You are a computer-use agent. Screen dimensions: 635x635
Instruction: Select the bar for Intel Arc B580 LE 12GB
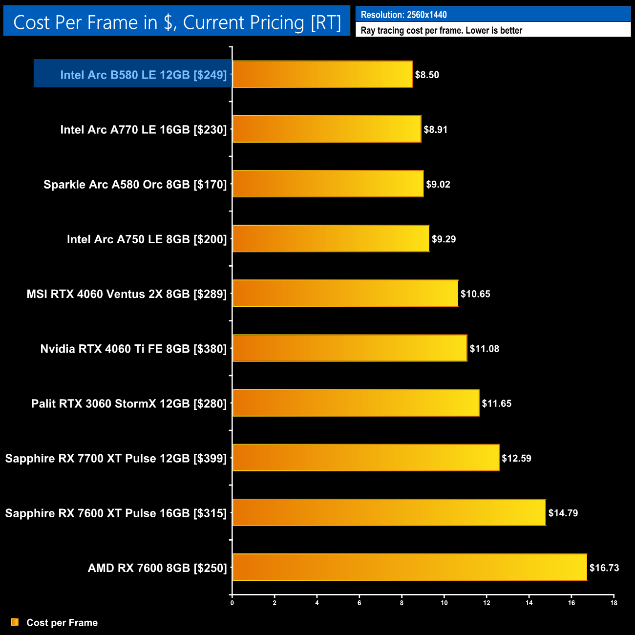322,74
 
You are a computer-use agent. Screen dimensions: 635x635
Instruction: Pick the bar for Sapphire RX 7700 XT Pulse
366,458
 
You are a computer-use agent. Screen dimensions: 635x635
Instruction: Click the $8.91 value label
435,129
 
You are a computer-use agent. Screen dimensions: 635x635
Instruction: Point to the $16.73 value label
604,568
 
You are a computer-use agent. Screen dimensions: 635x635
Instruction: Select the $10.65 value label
475,294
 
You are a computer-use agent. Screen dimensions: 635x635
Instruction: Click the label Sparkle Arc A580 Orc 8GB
135,185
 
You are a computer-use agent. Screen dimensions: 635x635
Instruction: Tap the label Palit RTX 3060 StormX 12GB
129,403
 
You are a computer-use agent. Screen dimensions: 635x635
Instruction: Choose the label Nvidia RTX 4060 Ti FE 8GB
133,349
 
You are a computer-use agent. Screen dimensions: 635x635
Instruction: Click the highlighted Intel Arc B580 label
143,75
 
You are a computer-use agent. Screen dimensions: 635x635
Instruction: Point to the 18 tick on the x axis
614,603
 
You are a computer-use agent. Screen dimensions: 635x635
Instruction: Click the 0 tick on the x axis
232,603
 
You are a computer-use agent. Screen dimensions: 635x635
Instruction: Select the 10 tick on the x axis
444,603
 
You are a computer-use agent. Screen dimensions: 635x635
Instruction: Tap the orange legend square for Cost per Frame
15,622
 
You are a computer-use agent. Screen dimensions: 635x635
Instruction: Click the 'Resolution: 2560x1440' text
403,15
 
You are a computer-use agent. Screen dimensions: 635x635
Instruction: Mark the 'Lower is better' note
494,30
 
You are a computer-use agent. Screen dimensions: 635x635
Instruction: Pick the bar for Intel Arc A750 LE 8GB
331,239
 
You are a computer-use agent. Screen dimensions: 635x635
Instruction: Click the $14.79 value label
563,513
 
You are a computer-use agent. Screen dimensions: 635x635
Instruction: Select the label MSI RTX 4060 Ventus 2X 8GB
127,294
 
